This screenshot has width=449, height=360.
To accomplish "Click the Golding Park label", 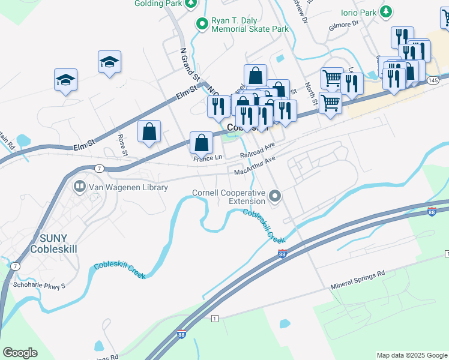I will click(x=158, y=4).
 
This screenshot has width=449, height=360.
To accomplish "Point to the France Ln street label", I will click(x=208, y=158).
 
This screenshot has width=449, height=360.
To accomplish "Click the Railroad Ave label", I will click(x=257, y=151).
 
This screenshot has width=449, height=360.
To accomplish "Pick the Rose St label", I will click(x=123, y=145).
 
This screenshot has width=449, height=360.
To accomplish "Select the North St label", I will click(x=310, y=94).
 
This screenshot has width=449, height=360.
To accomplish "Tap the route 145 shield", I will click(x=432, y=80).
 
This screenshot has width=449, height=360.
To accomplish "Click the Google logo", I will click(x=20, y=353).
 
